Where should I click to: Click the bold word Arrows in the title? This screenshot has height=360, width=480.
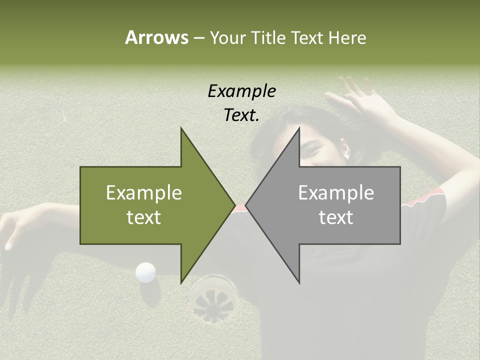(156, 37)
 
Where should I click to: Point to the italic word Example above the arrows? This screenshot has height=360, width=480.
(241, 91)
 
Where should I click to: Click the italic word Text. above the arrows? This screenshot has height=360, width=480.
(241, 115)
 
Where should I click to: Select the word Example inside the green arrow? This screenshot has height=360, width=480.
(143, 193)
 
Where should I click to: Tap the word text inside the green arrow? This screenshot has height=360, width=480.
(143, 217)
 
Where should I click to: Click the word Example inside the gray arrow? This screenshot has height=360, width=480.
(336, 193)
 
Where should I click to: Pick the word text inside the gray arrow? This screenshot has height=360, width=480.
(336, 217)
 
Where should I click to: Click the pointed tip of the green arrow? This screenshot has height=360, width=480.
(234, 205)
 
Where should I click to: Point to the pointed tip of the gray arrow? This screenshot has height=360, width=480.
(246, 205)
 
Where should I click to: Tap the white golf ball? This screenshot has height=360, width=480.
(145, 272)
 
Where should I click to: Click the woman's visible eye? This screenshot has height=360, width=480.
(311, 150)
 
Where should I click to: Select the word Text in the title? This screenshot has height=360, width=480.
(308, 37)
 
